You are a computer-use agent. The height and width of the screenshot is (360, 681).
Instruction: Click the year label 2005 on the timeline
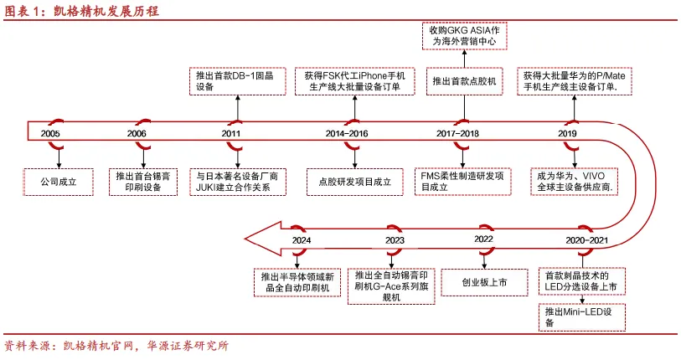point(50,134)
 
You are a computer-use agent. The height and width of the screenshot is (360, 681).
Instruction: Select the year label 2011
point(232,134)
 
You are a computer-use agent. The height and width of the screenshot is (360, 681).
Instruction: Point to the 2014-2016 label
point(346,134)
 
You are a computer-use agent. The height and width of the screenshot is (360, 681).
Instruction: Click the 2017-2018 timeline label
point(458,134)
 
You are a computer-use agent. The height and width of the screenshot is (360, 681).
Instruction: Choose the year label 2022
point(483,240)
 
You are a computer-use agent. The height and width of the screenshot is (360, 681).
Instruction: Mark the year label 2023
point(395,240)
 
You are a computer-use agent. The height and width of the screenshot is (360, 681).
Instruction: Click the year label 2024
point(302,240)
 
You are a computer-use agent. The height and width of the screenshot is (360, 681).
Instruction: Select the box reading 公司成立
point(59,181)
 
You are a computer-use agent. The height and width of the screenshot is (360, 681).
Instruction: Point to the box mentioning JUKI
point(239,182)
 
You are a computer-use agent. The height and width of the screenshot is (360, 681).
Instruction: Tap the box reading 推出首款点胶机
point(463,82)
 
